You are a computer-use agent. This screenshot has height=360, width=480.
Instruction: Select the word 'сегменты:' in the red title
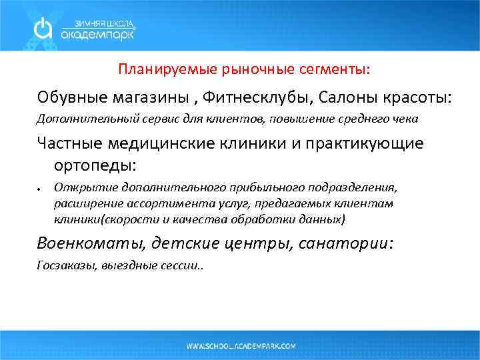click(x=338, y=69)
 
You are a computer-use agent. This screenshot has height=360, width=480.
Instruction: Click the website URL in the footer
click(x=241, y=346)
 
